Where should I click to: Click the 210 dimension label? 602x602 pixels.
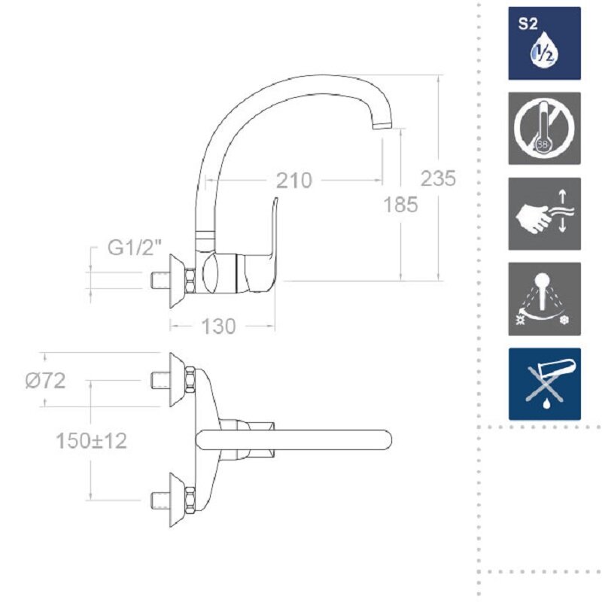click(294, 180)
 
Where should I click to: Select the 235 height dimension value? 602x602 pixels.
click(438, 178)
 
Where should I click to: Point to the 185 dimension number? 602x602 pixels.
click(401, 204)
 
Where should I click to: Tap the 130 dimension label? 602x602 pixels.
click(218, 327)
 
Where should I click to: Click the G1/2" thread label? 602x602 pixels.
click(135, 247)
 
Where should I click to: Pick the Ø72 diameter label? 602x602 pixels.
click(45, 381)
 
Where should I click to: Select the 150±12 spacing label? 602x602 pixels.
click(91, 440)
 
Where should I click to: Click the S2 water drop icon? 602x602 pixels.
click(544, 43)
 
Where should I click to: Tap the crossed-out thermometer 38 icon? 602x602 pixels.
click(544, 128)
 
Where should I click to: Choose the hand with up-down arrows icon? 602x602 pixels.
click(544, 214)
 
